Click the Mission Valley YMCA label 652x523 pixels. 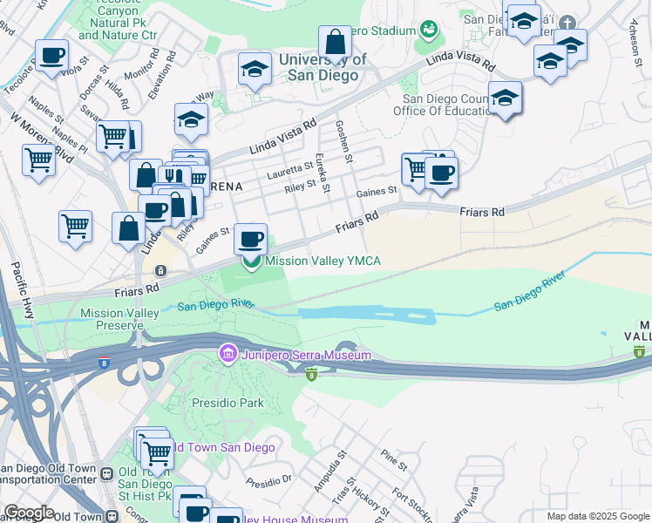coord(323,261)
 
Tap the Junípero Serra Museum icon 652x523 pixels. coord(228,354)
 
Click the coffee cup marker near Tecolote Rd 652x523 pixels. coord(51,55)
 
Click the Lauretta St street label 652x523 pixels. coord(291,168)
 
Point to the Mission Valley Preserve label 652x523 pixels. coord(111,319)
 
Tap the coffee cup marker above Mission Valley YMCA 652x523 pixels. coord(251,237)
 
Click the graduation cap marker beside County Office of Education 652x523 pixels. coord(505,98)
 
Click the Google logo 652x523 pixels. coord(28,513)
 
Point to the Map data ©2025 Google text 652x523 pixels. coord(597,516)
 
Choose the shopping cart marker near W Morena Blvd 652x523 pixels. coord(39,160)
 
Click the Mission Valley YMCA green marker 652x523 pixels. coord(251,261)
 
